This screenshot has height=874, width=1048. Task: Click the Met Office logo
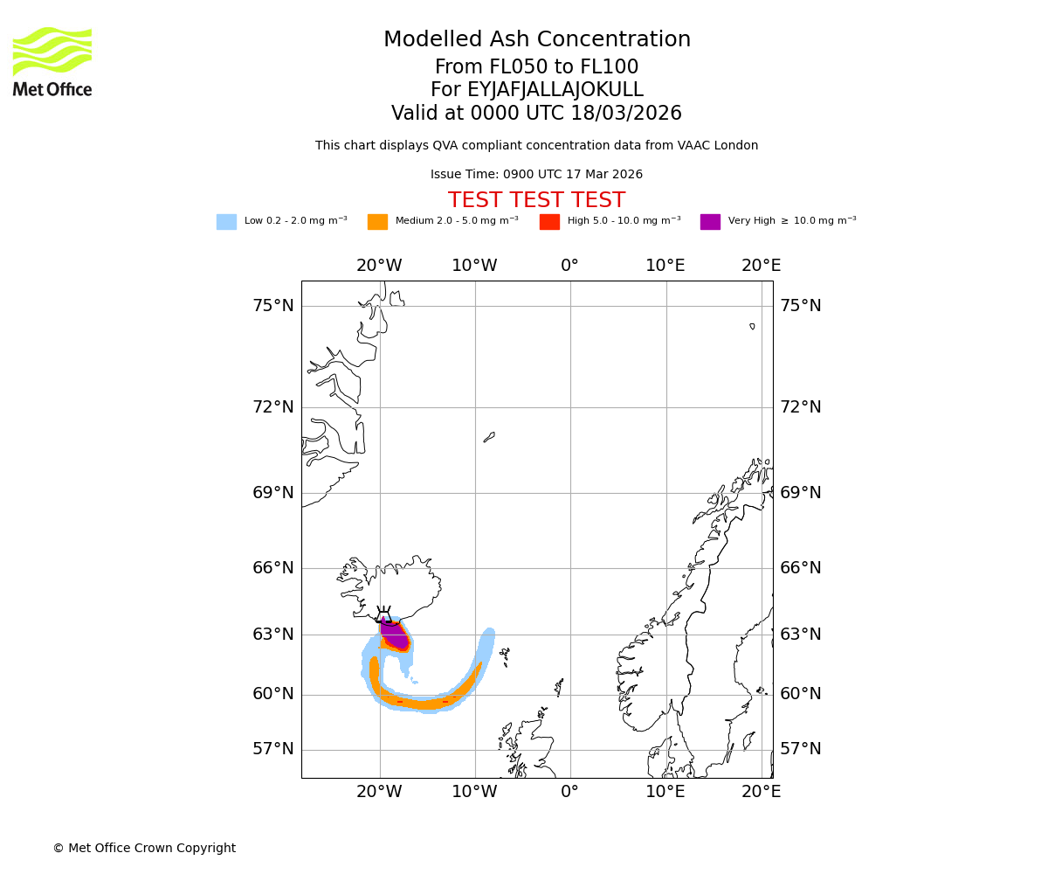[52, 61]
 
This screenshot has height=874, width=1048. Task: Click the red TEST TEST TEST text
[536, 200]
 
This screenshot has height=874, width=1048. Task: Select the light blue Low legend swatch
[226, 221]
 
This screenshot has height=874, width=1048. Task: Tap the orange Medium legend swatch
[377, 221]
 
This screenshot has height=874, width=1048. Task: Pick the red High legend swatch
[549, 221]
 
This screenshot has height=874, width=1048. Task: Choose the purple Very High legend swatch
[710, 221]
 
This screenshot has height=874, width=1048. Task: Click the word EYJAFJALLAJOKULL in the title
[555, 90]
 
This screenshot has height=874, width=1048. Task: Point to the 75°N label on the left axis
[273, 305]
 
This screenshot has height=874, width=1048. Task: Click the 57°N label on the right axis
[800, 749]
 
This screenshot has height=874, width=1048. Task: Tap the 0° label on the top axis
[569, 266]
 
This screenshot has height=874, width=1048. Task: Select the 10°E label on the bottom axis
[665, 792]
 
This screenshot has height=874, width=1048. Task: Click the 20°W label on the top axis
[379, 266]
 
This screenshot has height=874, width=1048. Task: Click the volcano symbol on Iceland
[383, 614]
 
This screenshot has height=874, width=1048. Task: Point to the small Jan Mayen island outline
[489, 436]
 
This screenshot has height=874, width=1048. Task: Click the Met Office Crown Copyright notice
[144, 848]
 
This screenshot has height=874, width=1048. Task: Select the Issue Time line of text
[536, 174]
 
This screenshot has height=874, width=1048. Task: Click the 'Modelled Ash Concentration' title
[536, 39]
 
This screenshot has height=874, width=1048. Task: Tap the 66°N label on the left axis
[273, 568]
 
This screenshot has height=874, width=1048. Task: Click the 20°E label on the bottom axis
[761, 792]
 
